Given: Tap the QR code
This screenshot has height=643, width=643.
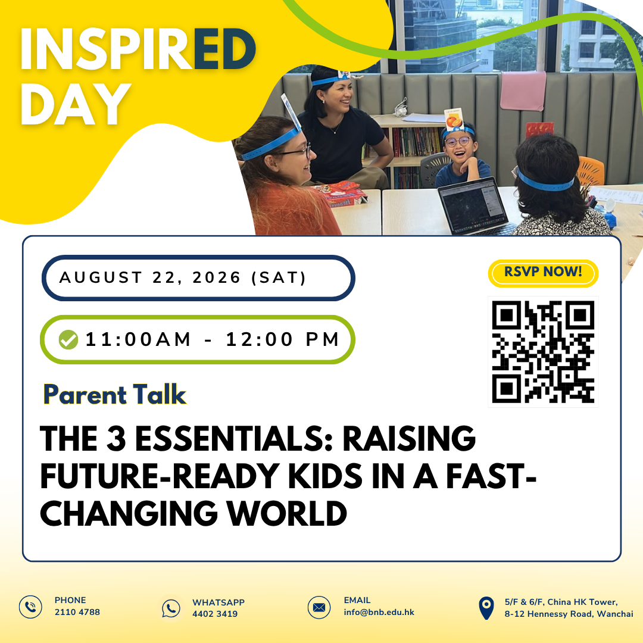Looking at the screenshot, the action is click(x=543, y=352).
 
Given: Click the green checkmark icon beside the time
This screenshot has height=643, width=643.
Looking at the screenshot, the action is click(x=68, y=339).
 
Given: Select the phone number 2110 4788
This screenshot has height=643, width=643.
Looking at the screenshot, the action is click(x=77, y=612).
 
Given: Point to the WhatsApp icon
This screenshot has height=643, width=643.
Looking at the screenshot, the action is click(x=171, y=608).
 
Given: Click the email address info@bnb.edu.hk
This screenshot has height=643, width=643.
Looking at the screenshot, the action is click(x=379, y=612).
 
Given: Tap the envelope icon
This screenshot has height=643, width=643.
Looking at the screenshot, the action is click(x=319, y=607).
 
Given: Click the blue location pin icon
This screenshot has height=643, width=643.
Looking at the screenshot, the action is click(x=486, y=608).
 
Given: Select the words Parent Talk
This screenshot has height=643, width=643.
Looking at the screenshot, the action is click(x=115, y=395).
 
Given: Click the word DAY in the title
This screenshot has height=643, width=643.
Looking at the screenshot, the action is click(x=76, y=104).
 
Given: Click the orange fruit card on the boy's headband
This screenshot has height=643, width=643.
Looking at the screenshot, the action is click(x=454, y=120).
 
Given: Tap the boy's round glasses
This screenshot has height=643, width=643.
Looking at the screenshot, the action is click(x=458, y=142).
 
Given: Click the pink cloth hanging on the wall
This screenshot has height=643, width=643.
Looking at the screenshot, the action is click(x=523, y=91).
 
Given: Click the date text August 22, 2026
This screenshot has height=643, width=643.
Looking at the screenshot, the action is click(x=149, y=277).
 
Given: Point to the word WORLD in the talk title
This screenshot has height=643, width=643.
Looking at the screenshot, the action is click(x=288, y=513).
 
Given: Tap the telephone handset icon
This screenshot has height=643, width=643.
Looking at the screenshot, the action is click(x=30, y=607).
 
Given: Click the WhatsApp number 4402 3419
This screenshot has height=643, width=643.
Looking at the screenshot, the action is click(x=215, y=614).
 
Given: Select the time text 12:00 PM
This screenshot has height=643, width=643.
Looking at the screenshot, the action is click(x=282, y=339).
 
